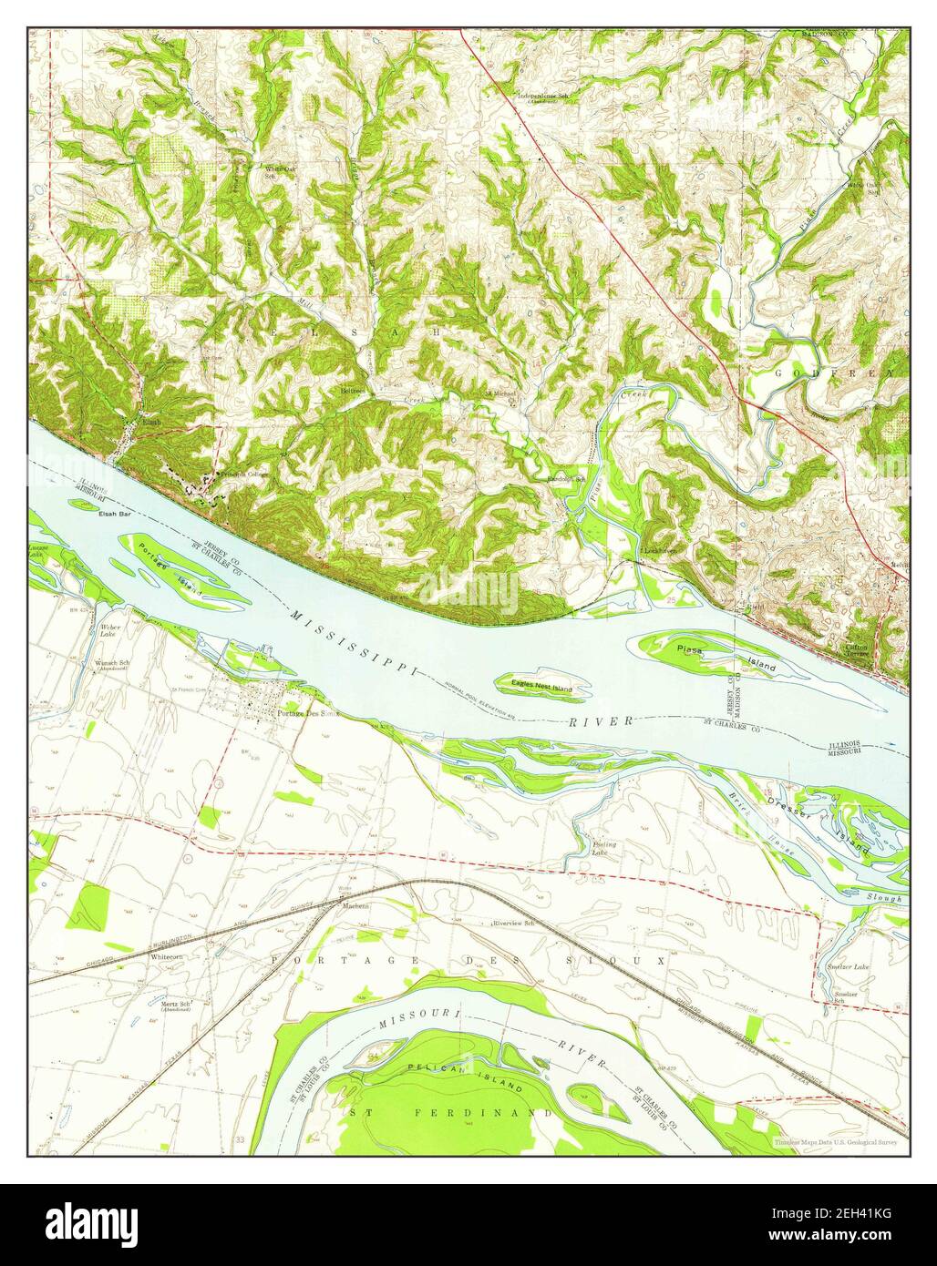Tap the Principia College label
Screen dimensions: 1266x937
227,476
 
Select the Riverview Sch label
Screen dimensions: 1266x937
512,923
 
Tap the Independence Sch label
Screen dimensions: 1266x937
544,95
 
